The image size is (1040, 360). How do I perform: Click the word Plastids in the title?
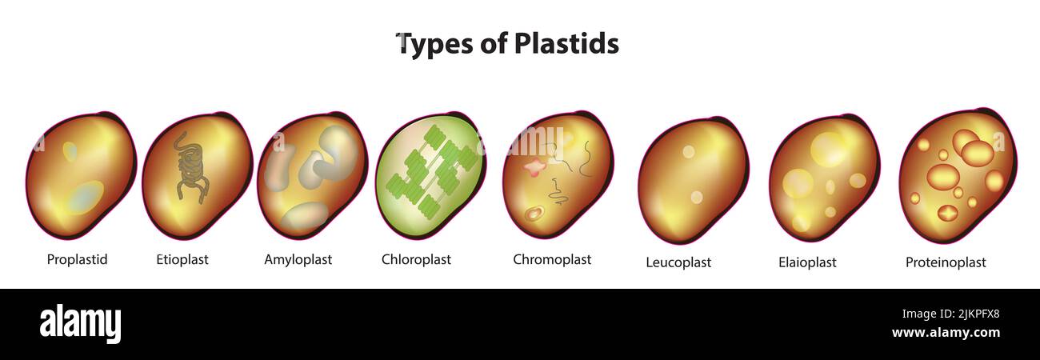566,44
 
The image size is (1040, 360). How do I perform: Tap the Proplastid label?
77,259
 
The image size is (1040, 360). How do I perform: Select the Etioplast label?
182,259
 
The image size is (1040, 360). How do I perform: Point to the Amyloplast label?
298,259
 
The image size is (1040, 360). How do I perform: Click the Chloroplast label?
416,259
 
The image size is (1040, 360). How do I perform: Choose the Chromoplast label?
552,259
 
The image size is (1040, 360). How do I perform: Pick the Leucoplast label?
678,262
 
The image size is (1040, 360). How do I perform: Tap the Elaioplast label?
807,262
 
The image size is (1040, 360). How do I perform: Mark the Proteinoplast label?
946,262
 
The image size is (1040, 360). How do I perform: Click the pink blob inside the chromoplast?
536,167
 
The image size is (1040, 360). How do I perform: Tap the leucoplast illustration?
693,180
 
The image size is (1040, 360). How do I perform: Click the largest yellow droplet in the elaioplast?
829,149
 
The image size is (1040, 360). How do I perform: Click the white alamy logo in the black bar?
80,323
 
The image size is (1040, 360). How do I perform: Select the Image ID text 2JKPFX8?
978,314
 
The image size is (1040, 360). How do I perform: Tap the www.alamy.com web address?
946,333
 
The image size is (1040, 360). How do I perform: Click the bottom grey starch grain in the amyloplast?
306,217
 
